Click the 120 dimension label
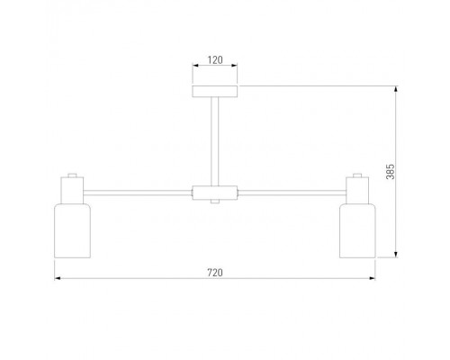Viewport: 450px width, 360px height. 215,60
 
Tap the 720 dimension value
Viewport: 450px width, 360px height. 215,273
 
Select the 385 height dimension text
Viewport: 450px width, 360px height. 391,172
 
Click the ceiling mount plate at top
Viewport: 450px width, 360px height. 215,92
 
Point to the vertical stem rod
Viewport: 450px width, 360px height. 215,141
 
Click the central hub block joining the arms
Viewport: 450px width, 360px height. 215,193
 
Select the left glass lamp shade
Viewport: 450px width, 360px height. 72,230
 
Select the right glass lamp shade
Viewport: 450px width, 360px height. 357,230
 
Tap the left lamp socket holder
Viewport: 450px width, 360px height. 72,190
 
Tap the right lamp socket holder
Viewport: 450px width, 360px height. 357,190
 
